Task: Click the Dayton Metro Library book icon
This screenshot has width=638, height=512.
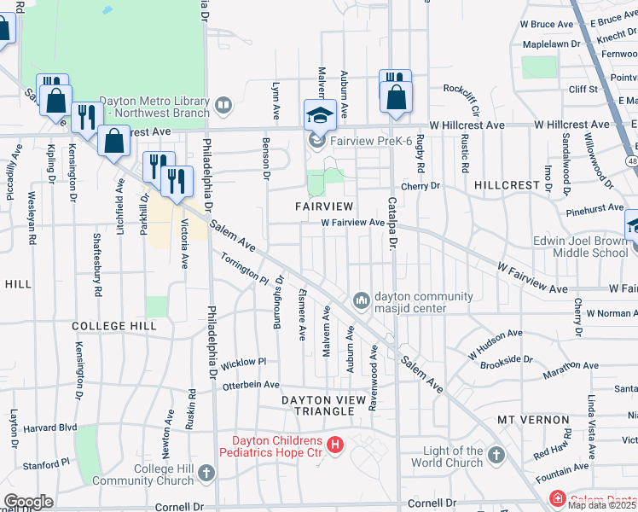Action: click(223, 106)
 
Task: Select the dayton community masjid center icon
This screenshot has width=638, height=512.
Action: click(362, 300)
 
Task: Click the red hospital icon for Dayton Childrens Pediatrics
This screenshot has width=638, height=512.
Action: click(335, 445)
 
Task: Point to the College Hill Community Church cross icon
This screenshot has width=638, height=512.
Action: click(206, 472)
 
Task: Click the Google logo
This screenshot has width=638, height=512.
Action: click(27, 501)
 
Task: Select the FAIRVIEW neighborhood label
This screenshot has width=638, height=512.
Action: click(324, 207)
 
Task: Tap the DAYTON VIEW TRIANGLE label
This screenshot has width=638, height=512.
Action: click(318, 410)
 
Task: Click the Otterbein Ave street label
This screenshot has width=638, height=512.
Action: click(251, 386)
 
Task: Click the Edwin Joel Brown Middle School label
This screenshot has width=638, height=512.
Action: click(580, 247)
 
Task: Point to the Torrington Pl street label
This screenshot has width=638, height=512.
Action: click(245, 268)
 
